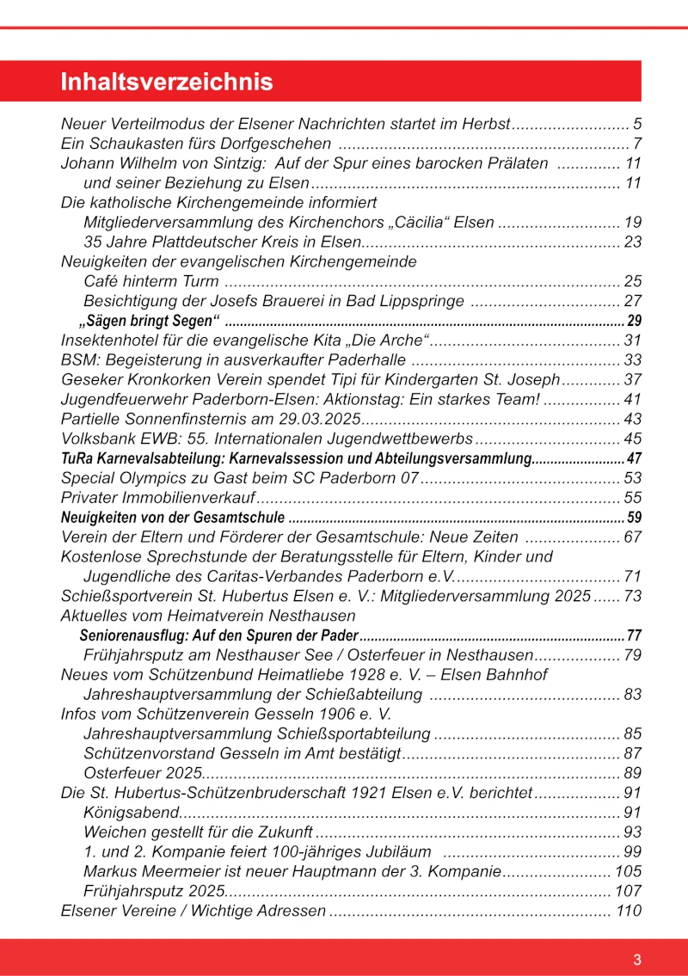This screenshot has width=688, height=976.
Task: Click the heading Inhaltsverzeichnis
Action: (x=167, y=83)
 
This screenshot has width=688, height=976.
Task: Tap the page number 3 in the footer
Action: (x=637, y=961)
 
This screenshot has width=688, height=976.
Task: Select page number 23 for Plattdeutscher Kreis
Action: (x=633, y=242)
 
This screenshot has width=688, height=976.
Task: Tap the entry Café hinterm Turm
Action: (x=150, y=281)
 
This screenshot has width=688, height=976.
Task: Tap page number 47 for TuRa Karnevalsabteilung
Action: (x=635, y=458)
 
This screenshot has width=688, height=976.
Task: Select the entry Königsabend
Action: (x=131, y=813)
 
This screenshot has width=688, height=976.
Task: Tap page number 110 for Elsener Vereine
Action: (x=629, y=911)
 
